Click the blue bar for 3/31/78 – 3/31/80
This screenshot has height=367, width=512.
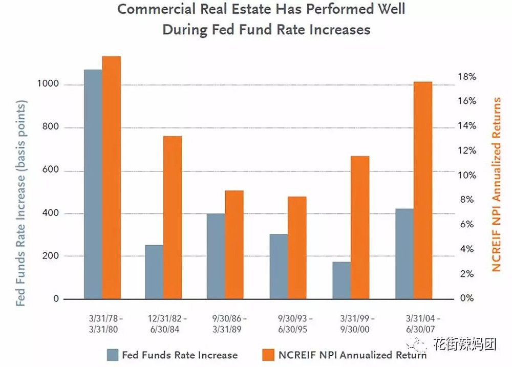point(93,184)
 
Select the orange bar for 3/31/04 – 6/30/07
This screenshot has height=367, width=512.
point(423,190)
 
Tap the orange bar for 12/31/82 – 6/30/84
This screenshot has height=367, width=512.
point(173,218)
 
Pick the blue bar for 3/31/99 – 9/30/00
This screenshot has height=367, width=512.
point(342,280)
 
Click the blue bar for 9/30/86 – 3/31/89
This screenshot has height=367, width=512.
point(216,256)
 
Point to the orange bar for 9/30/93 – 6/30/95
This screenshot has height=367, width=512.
point(297,248)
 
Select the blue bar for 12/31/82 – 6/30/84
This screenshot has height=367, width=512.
point(154,272)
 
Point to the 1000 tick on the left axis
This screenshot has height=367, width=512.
point(48,84)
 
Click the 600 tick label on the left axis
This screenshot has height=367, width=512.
point(51,170)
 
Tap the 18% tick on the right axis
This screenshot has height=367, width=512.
point(466,77)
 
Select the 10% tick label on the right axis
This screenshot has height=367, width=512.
point(466,176)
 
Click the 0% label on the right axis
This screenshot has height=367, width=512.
point(466,298)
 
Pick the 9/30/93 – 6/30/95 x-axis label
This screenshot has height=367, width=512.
point(294,323)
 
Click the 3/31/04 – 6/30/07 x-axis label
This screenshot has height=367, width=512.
point(422,323)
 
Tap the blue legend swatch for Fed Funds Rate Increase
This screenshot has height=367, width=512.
point(112,355)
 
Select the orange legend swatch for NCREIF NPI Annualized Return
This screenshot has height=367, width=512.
point(268,355)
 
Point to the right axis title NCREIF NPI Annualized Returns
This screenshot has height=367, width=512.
point(496,184)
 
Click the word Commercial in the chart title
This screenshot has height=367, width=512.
point(156,9)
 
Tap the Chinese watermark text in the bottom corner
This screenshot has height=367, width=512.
point(465,344)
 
